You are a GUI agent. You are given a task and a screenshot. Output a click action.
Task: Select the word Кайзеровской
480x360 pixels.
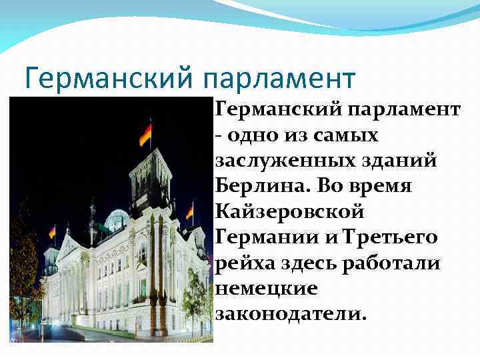(290, 211)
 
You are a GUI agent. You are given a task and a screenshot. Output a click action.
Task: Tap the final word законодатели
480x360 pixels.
(291, 313)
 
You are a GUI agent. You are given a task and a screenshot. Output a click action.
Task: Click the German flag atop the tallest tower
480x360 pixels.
(145, 134)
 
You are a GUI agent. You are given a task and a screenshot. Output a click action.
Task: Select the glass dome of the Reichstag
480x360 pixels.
(117, 220)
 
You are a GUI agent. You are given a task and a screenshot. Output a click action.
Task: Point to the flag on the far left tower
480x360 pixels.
(52, 231)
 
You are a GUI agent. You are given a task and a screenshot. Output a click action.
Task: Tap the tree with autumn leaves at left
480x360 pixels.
(23, 267)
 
